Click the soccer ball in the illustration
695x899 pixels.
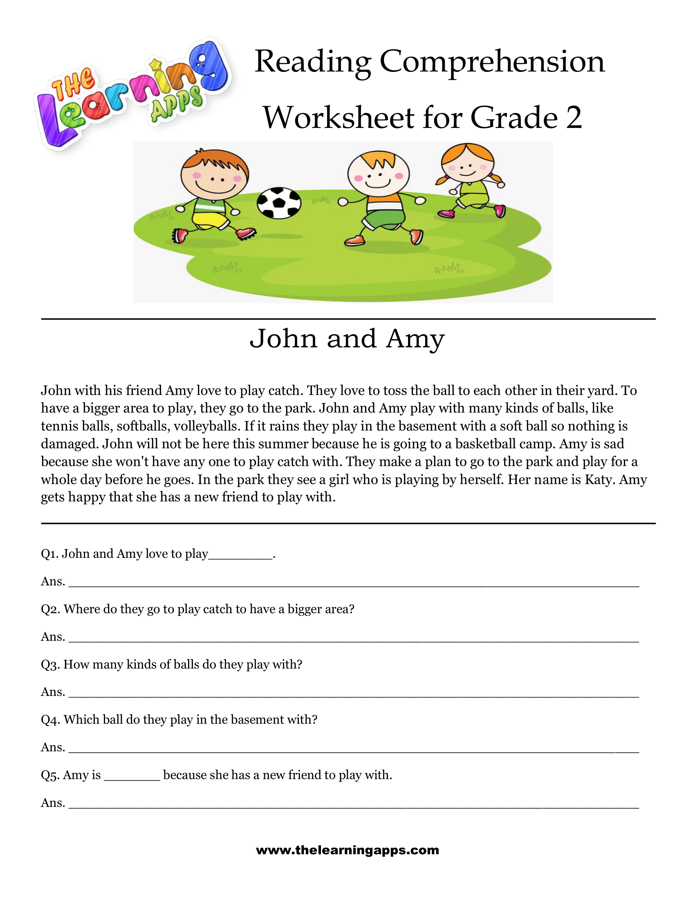pyautogui.click(x=279, y=203)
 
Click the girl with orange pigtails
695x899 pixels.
pyautogui.click(x=469, y=181)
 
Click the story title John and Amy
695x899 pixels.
pyautogui.click(x=347, y=339)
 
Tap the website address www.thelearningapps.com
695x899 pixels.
pyautogui.click(x=347, y=850)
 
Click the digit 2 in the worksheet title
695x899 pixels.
pyautogui.click(x=574, y=118)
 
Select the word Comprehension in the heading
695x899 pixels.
pyautogui.click(x=491, y=62)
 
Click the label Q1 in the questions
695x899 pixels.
pyautogui.click(x=49, y=554)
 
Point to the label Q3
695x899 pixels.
pyautogui.click(x=50, y=664)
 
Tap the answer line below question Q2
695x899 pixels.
pyautogui.click(x=353, y=640)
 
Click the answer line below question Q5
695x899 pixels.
pyautogui.click(x=353, y=807)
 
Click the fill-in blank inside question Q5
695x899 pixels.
pyautogui.click(x=132, y=778)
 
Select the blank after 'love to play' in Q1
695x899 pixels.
pyautogui.click(x=240, y=557)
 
